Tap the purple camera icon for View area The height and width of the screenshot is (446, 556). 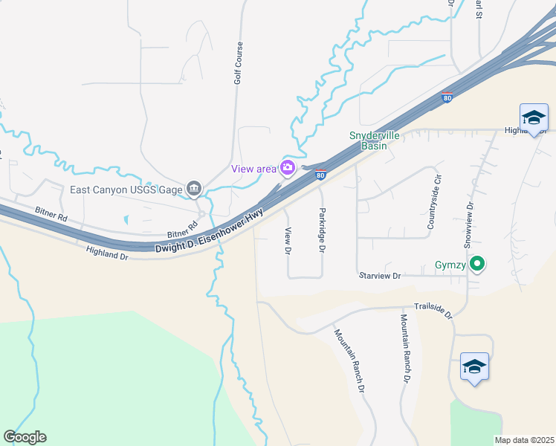pyautogui.click(x=287, y=168)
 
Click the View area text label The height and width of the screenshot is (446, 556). pyautogui.click(x=253, y=169)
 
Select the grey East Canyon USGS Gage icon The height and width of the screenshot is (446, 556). pyautogui.click(x=194, y=190)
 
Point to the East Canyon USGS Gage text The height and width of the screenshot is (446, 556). pyautogui.click(x=126, y=190)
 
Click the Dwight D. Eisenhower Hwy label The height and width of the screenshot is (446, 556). pyautogui.click(x=210, y=234)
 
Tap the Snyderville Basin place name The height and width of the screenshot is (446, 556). pyautogui.click(x=369, y=141)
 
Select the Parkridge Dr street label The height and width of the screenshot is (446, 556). pyautogui.click(x=322, y=230)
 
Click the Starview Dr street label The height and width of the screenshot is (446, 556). pyautogui.click(x=380, y=276)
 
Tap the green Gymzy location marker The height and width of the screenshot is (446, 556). pyautogui.click(x=478, y=264)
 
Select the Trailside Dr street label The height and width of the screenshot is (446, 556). pyautogui.click(x=433, y=310)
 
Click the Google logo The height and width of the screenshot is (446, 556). pyautogui.click(x=25, y=437)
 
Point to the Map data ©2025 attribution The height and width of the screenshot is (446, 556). pyautogui.click(x=525, y=440)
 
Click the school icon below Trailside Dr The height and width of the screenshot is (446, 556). pyautogui.click(x=474, y=367)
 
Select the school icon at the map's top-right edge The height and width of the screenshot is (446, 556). pyautogui.click(x=534, y=117)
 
